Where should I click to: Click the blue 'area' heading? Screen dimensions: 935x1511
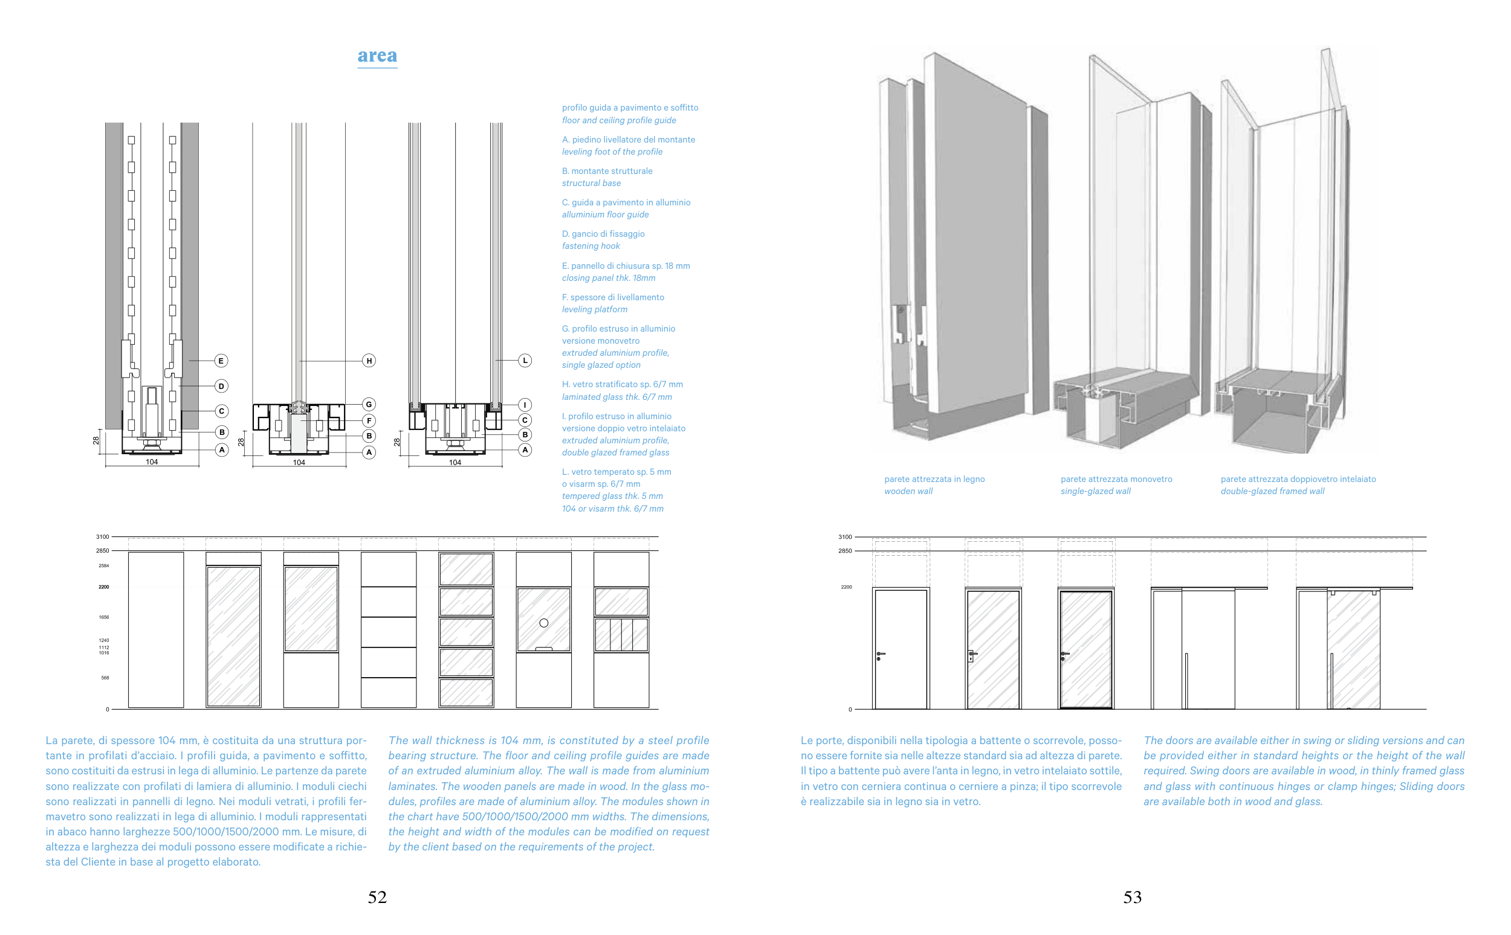377,56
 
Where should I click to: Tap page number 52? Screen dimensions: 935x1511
377,897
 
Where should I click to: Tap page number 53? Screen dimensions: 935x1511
1131,897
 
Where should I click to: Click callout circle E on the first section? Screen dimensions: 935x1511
221,361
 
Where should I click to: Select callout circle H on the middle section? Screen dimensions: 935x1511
369,361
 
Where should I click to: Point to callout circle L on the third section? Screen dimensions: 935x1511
525,361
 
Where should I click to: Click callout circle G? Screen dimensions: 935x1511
369,405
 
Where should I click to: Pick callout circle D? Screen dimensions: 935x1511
221,386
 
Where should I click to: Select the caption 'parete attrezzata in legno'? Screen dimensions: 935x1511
934,479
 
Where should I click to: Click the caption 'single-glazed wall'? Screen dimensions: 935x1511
1095,492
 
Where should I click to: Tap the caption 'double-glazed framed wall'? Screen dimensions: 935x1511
1272,492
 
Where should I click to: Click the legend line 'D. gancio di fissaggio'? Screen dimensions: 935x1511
603,234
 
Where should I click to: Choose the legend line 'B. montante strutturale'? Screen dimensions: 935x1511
606,172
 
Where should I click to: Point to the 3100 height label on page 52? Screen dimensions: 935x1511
102,537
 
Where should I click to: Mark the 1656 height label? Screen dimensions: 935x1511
103,617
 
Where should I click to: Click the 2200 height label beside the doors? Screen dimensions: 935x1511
846,588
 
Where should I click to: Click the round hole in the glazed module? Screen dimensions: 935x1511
543,623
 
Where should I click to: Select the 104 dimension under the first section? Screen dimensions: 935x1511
152,462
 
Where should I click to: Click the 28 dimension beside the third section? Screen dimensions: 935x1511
397,442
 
